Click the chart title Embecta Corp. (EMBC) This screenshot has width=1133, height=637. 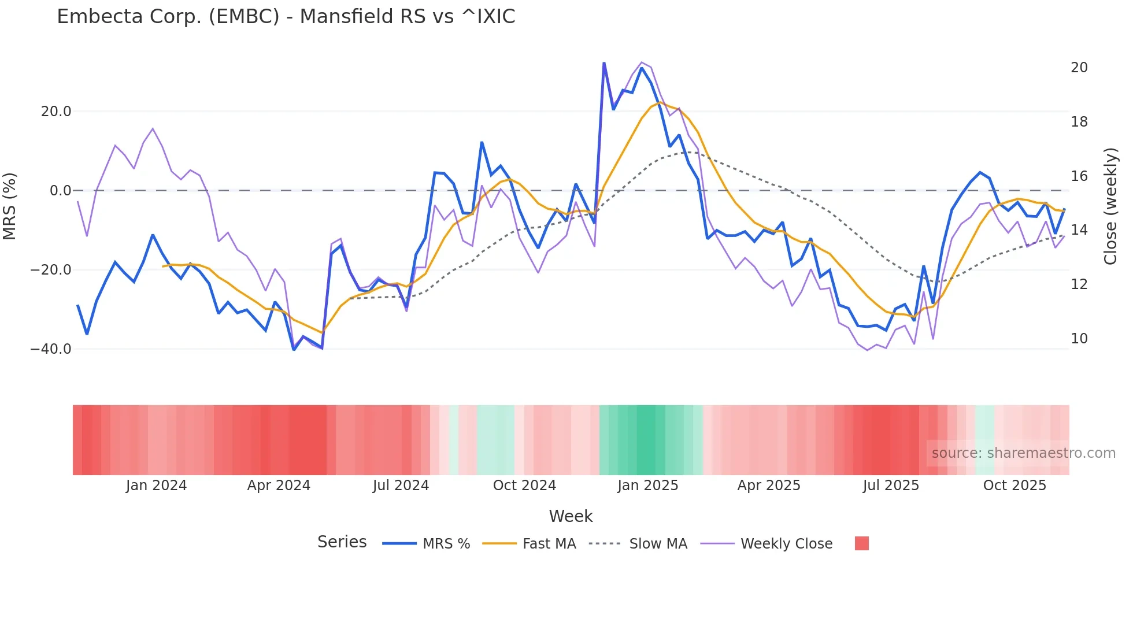pos(286,17)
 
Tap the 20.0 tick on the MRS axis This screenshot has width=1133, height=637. pos(56,112)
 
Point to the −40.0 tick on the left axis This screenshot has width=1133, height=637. pos(51,349)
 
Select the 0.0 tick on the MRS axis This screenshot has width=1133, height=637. pos(61,191)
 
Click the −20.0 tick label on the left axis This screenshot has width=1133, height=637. pos(51,270)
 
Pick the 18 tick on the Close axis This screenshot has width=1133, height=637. pos(1079,122)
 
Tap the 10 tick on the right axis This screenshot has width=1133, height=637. pos(1079,339)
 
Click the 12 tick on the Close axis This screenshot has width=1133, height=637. pos(1079,284)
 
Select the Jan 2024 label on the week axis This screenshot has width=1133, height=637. pos(156,486)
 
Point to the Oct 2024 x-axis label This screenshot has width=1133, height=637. pos(524,486)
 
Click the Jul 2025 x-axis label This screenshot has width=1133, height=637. pos(891,486)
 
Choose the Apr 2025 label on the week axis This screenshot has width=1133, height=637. pos(769,486)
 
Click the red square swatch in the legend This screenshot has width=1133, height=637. pos(862,543)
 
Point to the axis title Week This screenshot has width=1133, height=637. pos(571,516)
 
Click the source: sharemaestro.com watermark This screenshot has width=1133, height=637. pos(1023,453)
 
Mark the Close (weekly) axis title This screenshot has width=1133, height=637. pos(1110,206)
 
